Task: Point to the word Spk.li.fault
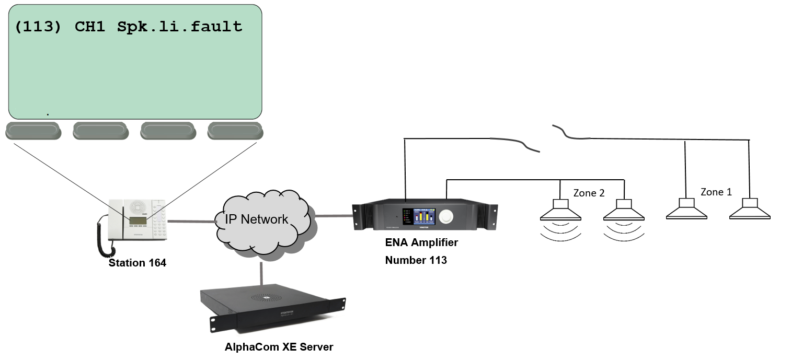(180, 27)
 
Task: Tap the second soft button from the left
(101, 131)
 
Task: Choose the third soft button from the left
(168, 131)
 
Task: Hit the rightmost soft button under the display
(235, 131)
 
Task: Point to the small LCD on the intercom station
(138, 221)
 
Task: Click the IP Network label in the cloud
(256, 219)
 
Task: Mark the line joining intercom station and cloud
(192, 222)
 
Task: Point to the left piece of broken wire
(515, 143)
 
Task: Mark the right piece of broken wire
(571, 134)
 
